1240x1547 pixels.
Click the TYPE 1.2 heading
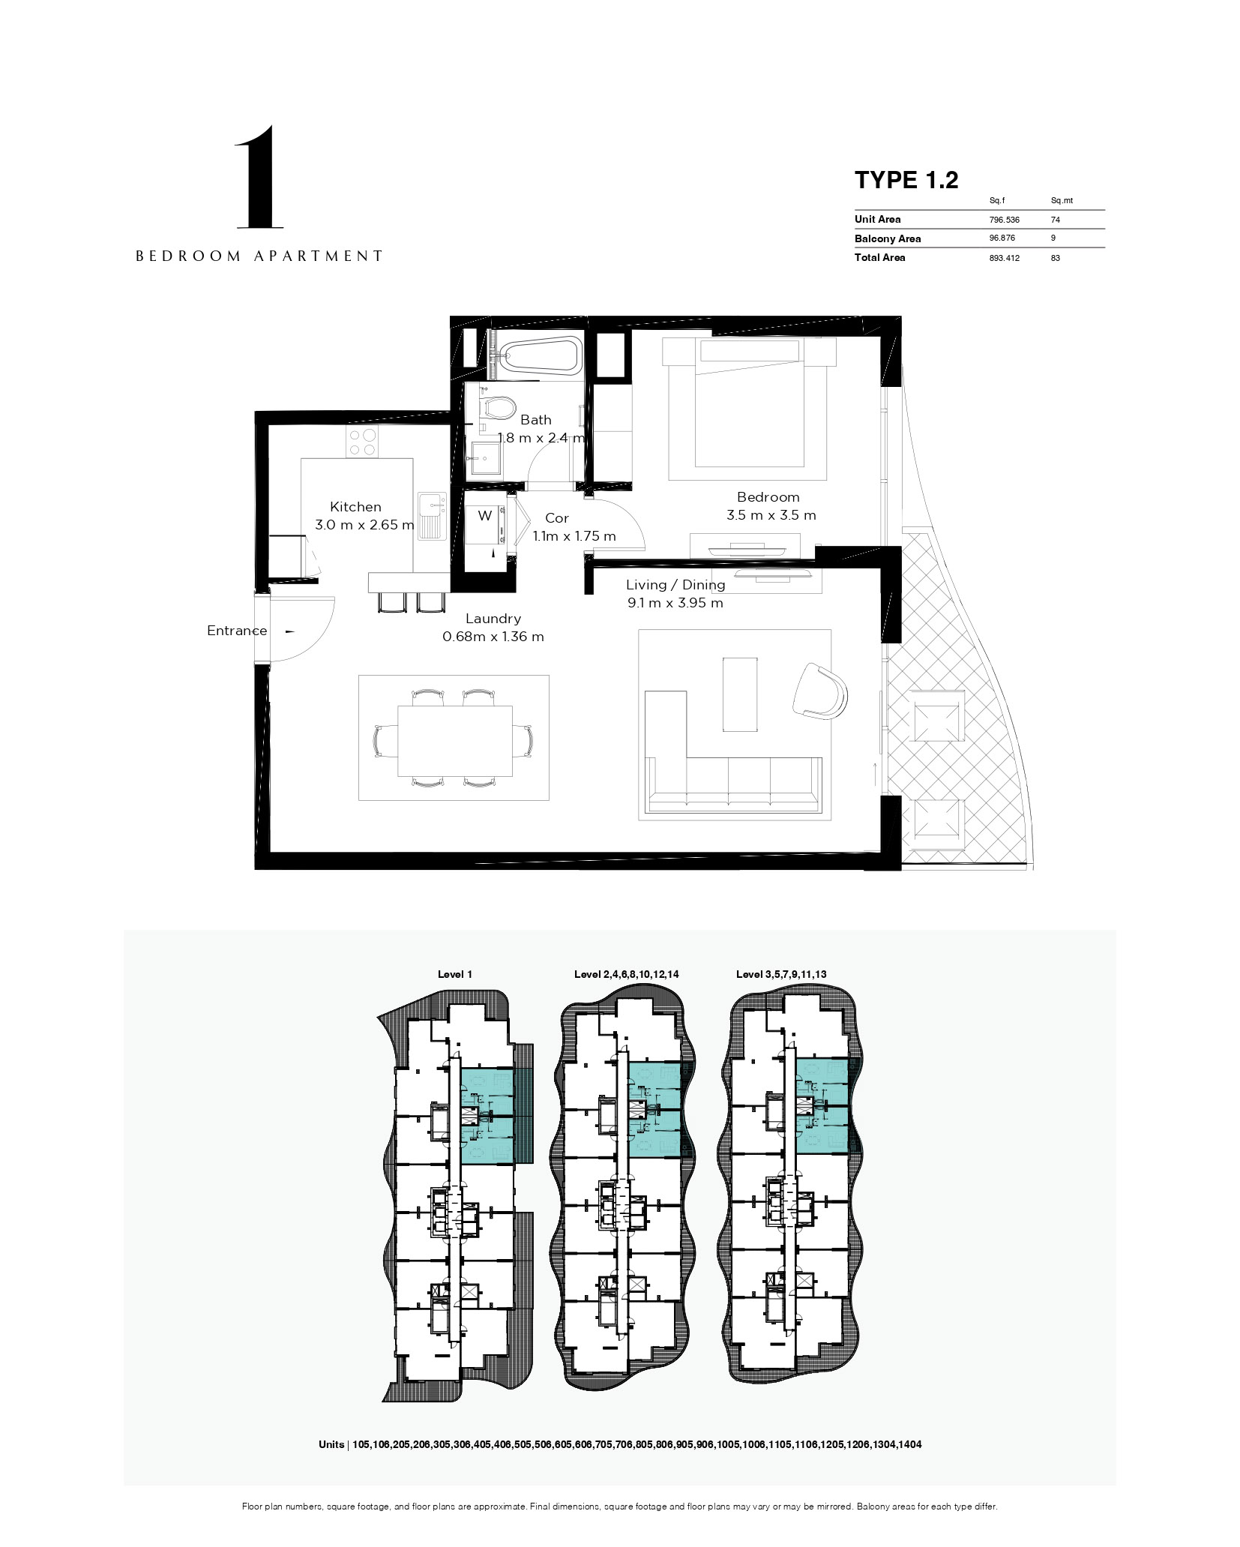click(x=906, y=180)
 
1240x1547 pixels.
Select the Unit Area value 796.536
click(x=1004, y=220)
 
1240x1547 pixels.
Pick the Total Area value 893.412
click(x=1004, y=258)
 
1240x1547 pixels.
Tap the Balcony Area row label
click(x=888, y=239)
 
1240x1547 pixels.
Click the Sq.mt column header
click(x=1062, y=200)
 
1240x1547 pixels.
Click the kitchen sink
click(x=432, y=516)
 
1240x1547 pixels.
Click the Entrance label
click(x=237, y=631)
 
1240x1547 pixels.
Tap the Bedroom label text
click(x=768, y=496)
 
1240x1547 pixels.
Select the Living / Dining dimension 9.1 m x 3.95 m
click(x=675, y=603)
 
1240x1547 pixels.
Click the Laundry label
click(x=493, y=619)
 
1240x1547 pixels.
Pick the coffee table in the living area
click(x=740, y=694)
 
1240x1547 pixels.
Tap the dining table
click(x=455, y=740)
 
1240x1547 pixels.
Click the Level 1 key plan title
click(x=455, y=974)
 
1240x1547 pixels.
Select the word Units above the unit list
click(x=331, y=1444)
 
